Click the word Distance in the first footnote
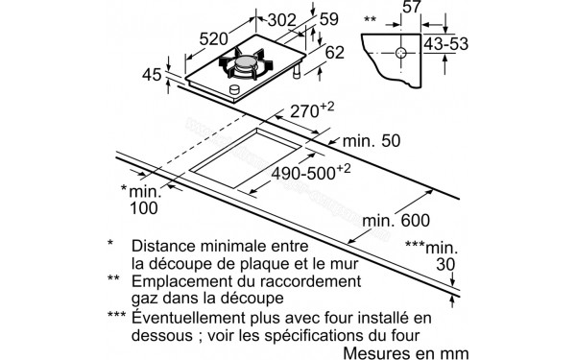click(x=171, y=245)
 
